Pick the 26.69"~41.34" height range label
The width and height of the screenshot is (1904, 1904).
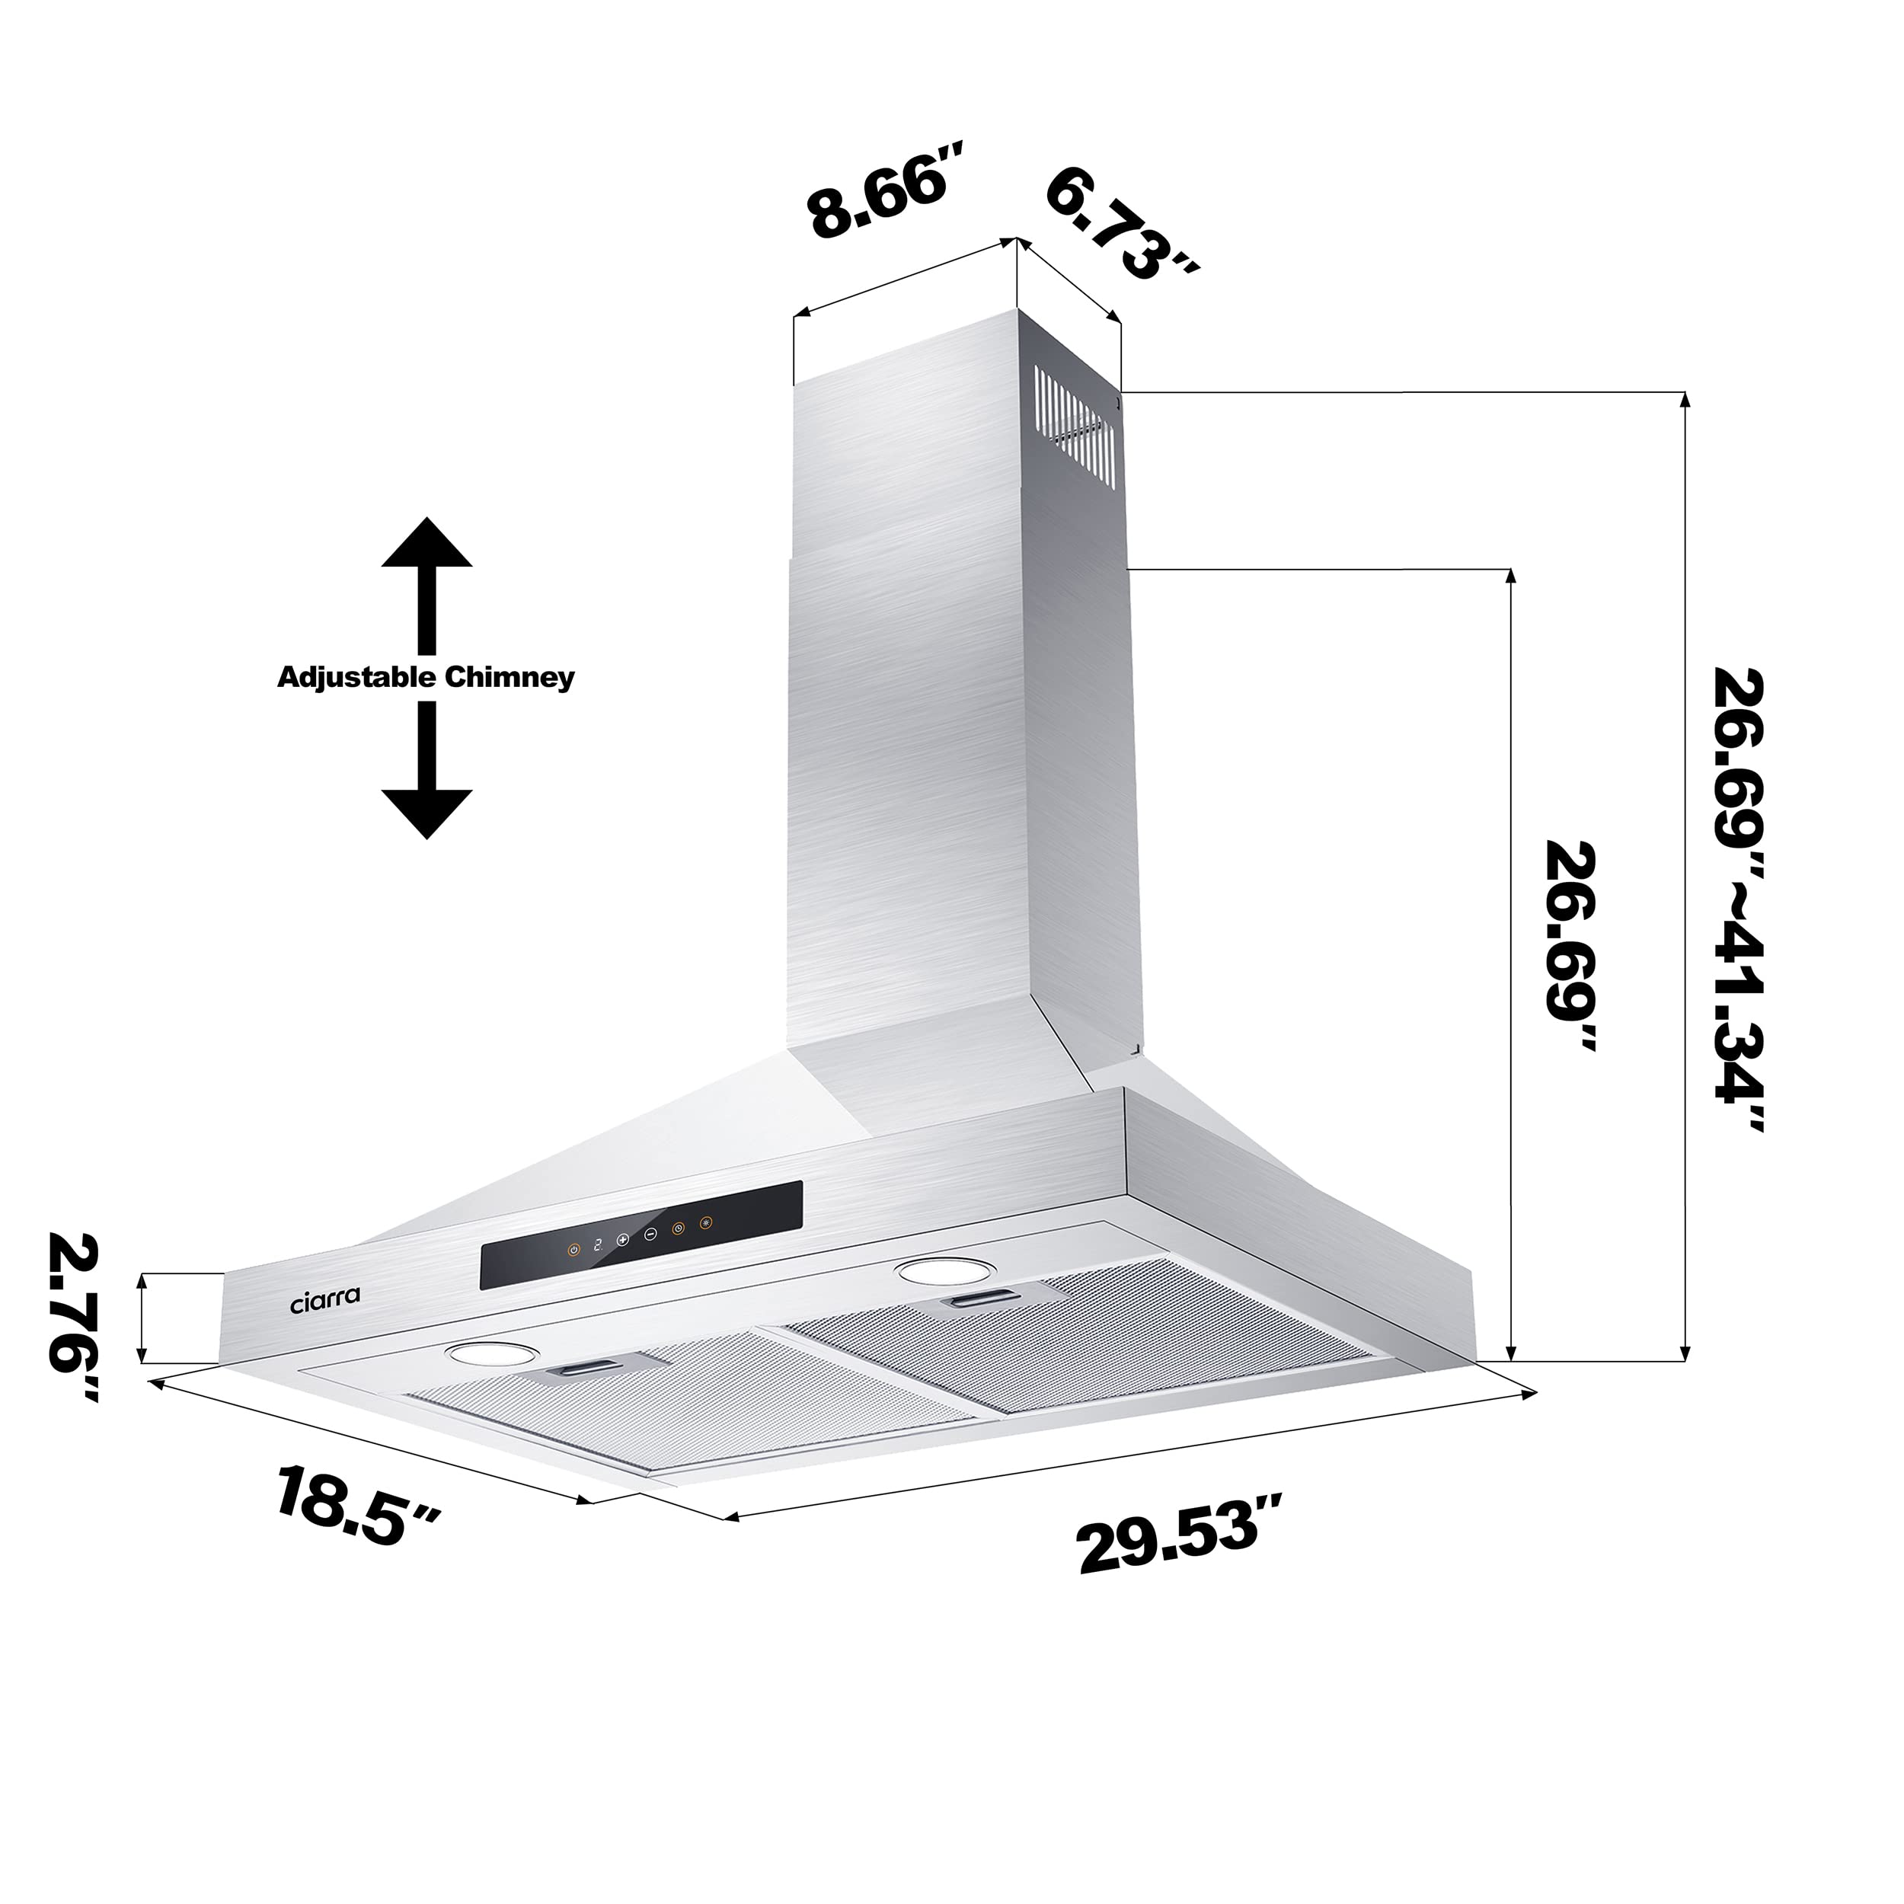pos(1737,899)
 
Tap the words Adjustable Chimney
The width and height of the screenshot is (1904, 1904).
pos(426,678)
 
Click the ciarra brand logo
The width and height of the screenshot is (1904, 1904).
pos(325,1301)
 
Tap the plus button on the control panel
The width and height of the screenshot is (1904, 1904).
pos(623,1240)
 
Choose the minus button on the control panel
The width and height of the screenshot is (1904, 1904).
pos(650,1234)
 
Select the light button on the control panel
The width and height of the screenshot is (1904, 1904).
pos(704,1224)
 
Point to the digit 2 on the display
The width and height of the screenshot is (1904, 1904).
pos(597,1244)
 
